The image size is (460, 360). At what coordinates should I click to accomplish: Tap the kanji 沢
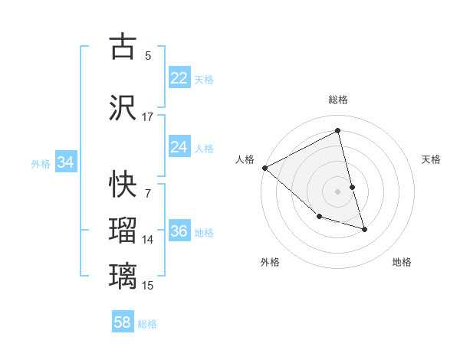(x=123, y=108)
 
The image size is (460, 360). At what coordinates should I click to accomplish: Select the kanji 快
(x=123, y=183)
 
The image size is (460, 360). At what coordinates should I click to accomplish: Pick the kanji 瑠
(x=123, y=231)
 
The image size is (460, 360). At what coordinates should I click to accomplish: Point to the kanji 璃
(x=123, y=276)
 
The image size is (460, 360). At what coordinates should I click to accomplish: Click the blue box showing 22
(x=179, y=78)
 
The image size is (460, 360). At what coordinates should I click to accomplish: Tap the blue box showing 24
(x=179, y=147)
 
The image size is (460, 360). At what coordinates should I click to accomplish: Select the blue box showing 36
(x=179, y=232)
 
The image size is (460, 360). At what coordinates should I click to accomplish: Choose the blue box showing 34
(x=65, y=162)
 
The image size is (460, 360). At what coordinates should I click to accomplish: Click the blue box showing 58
(x=123, y=322)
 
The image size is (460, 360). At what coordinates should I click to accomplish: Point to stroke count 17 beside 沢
(x=148, y=117)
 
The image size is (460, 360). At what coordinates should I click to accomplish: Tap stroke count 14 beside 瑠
(x=148, y=240)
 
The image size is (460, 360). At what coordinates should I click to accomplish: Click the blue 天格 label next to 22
(x=204, y=79)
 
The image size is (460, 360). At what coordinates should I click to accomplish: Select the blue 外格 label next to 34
(x=41, y=163)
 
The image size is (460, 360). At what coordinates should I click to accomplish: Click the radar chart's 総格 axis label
(x=338, y=100)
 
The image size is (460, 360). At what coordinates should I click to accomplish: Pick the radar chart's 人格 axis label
(x=245, y=159)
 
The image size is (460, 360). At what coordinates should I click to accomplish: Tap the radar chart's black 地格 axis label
(x=402, y=262)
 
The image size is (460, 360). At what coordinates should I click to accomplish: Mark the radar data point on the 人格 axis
(x=264, y=168)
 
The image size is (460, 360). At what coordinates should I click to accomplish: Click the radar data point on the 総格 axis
(x=338, y=131)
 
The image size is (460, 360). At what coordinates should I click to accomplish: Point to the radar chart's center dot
(x=338, y=191)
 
